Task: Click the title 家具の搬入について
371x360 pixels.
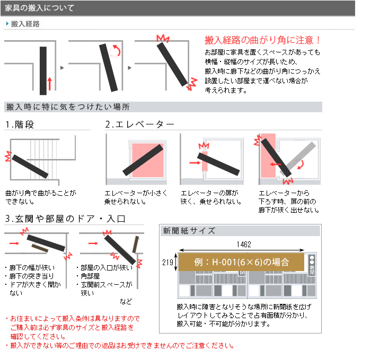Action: point(39,8)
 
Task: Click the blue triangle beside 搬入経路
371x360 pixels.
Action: point(7,23)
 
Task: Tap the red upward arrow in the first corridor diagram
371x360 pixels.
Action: point(50,84)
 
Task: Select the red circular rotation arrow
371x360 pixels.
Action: point(115,51)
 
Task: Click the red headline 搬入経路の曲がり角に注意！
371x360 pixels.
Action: point(262,40)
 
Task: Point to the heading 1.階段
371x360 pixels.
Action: point(20,124)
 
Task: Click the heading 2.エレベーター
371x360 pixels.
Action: point(139,124)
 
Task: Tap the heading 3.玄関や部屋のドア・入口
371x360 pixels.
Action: point(65,219)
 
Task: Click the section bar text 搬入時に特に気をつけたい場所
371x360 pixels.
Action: point(68,107)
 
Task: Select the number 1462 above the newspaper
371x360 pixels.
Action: point(244,245)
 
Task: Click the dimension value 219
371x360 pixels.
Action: point(167,263)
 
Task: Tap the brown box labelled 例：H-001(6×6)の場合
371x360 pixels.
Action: point(241,262)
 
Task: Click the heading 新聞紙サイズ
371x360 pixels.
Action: point(189,230)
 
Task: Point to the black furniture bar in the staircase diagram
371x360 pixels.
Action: point(30,166)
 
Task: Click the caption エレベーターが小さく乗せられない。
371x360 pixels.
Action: point(136,197)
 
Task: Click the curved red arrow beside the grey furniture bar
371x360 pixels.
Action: point(301,165)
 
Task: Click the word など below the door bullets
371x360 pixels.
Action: point(126,301)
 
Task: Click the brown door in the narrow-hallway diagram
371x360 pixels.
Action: point(40,248)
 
